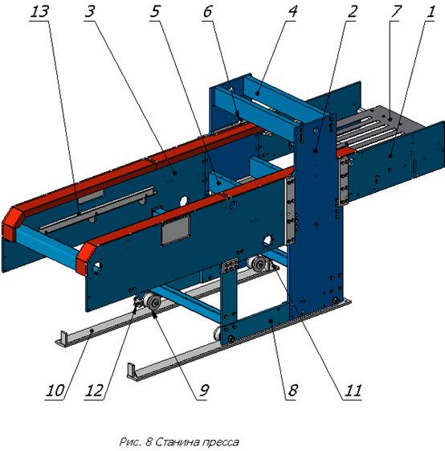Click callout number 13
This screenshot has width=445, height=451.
39,12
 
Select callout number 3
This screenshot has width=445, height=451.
90,12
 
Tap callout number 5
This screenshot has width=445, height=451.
155,12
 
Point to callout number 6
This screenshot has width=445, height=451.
207,12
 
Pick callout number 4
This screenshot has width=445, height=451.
292,12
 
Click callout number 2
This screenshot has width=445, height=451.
352,12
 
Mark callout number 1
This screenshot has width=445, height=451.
431,12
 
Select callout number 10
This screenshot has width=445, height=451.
55,391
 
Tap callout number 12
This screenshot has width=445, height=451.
94,391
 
